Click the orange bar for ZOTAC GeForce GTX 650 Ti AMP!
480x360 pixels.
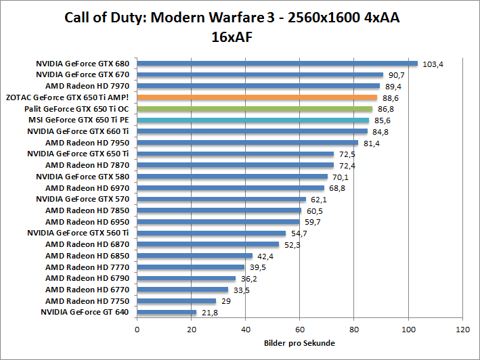click(x=257, y=97)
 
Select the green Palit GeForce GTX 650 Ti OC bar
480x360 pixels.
click(x=255, y=109)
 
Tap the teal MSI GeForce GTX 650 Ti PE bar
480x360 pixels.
click(x=253, y=120)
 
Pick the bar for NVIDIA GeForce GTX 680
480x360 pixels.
click(x=277, y=64)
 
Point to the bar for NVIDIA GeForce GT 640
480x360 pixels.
click(x=167, y=312)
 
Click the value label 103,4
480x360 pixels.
click(x=433, y=64)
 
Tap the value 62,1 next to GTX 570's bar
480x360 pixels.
click(x=318, y=200)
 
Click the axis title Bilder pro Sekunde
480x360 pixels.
click(x=299, y=343)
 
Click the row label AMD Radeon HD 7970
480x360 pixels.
click(x=87, y=86)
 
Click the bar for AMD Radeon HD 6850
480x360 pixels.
click(x=194, y=256)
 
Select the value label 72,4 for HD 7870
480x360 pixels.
click(x=346, y=165)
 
